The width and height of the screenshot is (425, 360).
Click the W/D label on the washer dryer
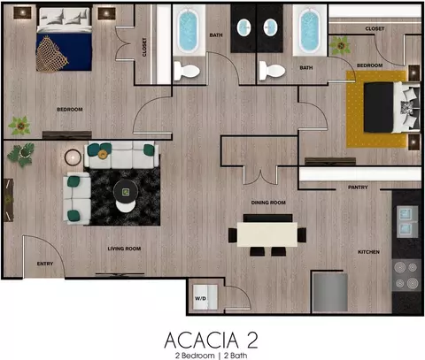pos(200,298)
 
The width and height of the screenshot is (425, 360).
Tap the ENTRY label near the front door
pos(45,264)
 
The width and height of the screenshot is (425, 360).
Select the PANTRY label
pos(358,188)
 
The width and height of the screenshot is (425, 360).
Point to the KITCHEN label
pos(368,252)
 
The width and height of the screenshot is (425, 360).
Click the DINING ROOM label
pos(268,203)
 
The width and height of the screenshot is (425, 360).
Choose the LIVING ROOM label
pos(124,249)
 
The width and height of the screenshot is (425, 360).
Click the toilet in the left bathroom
pos(187,71)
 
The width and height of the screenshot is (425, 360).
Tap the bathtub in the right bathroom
pos(309,30)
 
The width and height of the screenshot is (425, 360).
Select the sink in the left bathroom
pos(244,27)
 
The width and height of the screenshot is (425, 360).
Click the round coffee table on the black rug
pos(126,192)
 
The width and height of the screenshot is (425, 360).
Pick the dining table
pos(267,234)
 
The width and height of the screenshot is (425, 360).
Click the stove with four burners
pos(406,275)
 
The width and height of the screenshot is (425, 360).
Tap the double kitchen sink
pos(407,221)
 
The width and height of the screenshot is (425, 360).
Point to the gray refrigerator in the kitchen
pos(330,292)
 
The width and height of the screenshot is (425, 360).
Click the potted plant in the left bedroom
pos(19,126)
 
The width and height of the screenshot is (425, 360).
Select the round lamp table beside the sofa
pos(73,157)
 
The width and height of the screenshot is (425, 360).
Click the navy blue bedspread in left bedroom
pos(64,52)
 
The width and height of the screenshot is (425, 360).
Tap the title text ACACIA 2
pos(211,341)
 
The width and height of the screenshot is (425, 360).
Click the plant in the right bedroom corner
pos(340,46)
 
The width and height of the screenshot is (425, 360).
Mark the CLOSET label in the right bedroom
pos(375,28)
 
